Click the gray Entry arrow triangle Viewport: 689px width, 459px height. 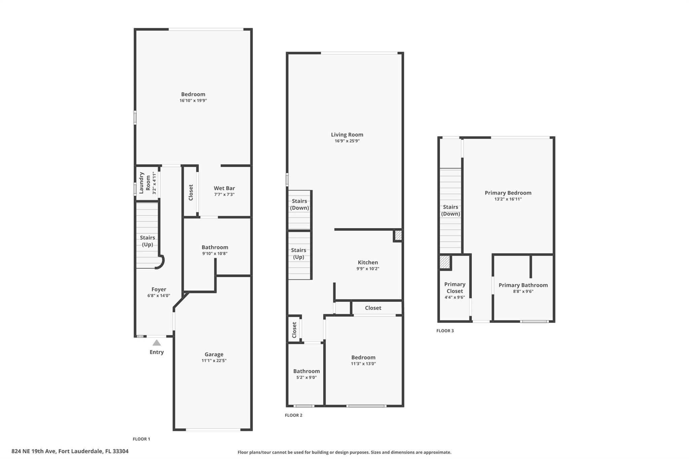click(156, 343)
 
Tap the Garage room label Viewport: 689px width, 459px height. click(214, 354)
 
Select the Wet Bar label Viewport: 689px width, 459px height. click(224, 188)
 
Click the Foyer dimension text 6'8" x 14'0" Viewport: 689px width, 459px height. click(159, 296)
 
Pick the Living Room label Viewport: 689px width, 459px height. click(347, 135)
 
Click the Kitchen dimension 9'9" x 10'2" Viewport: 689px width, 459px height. click(368, 269)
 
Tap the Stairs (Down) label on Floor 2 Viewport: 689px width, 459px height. click(299, 204)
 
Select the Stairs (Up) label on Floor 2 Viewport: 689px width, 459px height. click(298, 254)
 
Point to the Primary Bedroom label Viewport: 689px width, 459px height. click(508, 193)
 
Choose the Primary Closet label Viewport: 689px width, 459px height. click(455, 288)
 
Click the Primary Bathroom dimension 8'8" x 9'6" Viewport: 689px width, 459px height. click(523, 292)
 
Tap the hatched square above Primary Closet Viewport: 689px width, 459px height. click(445, 262)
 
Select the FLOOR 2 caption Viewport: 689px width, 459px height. click(294, 415)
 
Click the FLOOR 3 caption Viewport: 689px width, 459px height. click(445, 331)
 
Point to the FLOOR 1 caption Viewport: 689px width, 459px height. click(141, 439)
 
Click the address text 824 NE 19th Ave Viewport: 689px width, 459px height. click(34, 451)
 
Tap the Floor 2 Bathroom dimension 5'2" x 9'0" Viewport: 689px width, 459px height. click(306, 377)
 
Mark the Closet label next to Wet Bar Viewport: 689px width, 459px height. click(191, 192)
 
